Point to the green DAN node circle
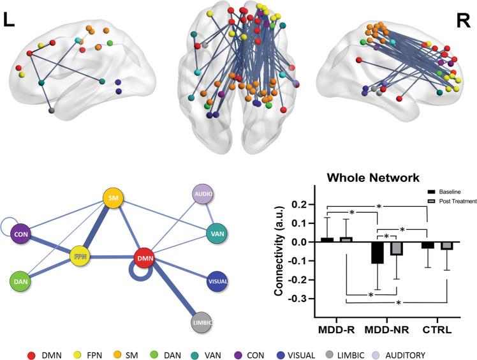pyautogui.click(x=21, y=281)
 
